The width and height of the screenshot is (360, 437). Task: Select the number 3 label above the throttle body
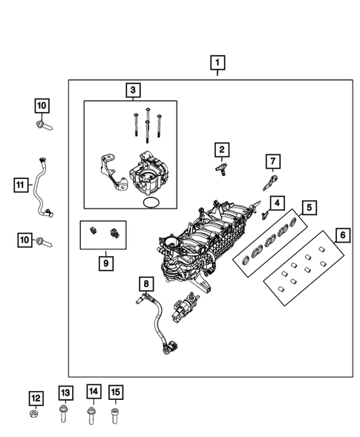coord(133,91)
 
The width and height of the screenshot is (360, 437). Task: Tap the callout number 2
coord(221,151)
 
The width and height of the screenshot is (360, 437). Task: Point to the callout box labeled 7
coord(272,161)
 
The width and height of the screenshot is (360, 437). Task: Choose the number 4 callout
coord(275,203)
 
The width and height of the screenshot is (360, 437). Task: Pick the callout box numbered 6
coord(341,236)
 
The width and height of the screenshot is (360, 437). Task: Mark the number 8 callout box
coord(145,283)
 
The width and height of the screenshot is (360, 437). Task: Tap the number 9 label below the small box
coord(105,263)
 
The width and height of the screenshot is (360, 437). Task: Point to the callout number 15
coord(114,392)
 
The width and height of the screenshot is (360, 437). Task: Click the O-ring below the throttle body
coord(150,202)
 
